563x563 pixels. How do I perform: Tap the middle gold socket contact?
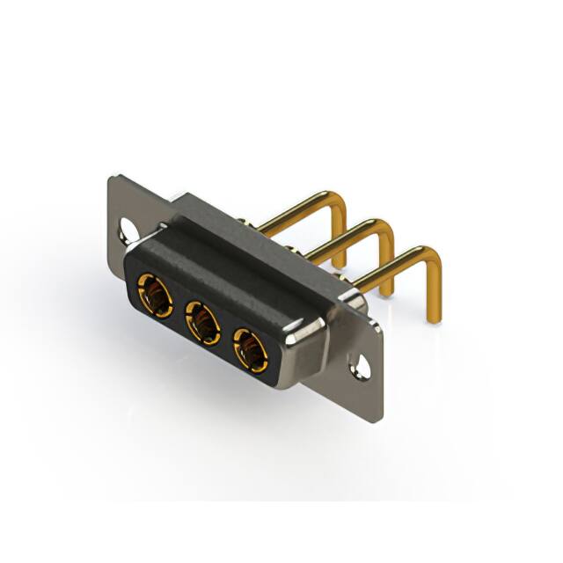[203, 322]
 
